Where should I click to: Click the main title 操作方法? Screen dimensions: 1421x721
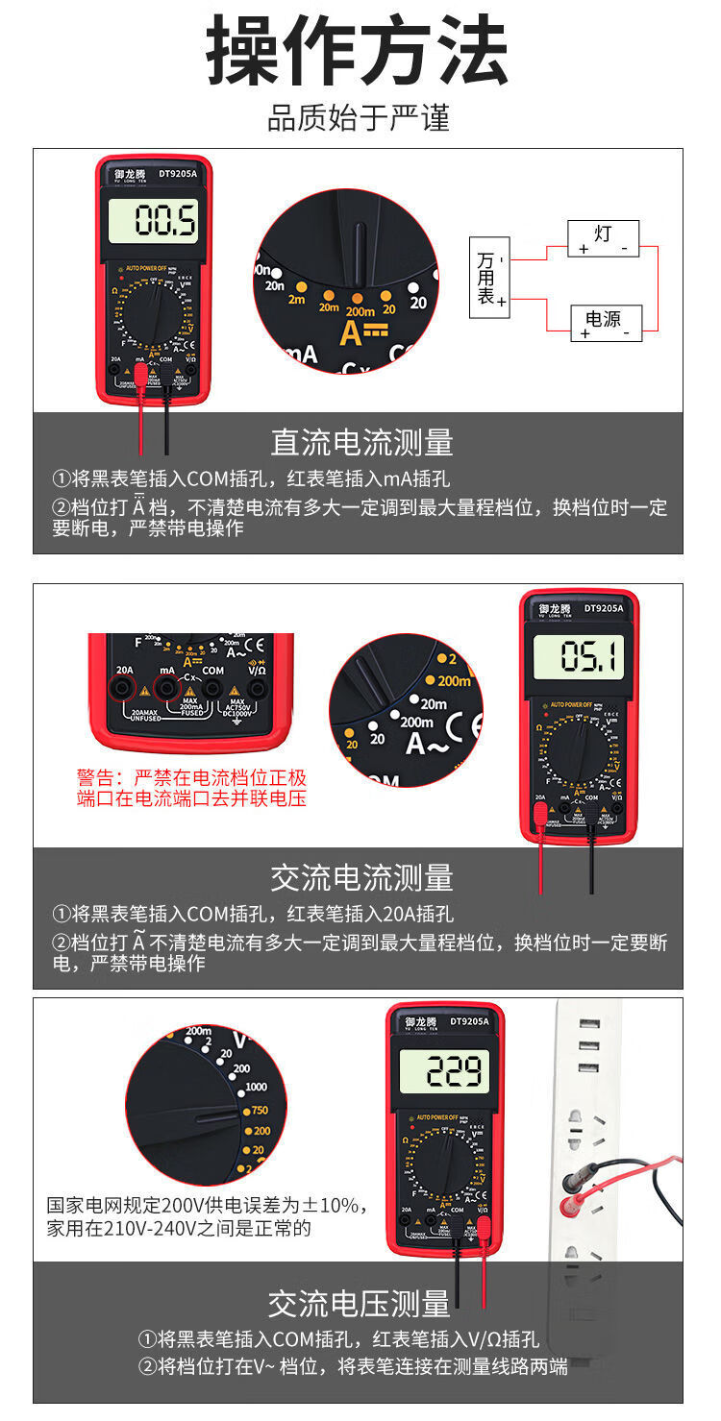tap(358, 53)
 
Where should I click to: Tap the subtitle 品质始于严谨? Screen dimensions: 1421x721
tap(358, 119)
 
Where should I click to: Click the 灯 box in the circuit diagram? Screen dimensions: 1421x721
tap(603, 237)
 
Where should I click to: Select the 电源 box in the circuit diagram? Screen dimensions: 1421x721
tap(606, 323)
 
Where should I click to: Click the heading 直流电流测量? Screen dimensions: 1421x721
tap(360, 443)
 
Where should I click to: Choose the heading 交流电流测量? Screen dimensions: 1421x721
tap(360, 877)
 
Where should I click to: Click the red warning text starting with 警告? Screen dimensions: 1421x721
tap(191, 787)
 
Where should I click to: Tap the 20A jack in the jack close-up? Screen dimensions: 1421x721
tap(124, 687)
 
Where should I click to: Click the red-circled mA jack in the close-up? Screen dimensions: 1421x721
tap(168, 687)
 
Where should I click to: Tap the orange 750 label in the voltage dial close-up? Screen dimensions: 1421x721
tap(260, 1110)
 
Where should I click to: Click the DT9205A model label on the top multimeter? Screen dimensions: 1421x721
tap(178, 174)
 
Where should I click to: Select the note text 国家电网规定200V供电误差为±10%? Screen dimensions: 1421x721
tap(207, 1205)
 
